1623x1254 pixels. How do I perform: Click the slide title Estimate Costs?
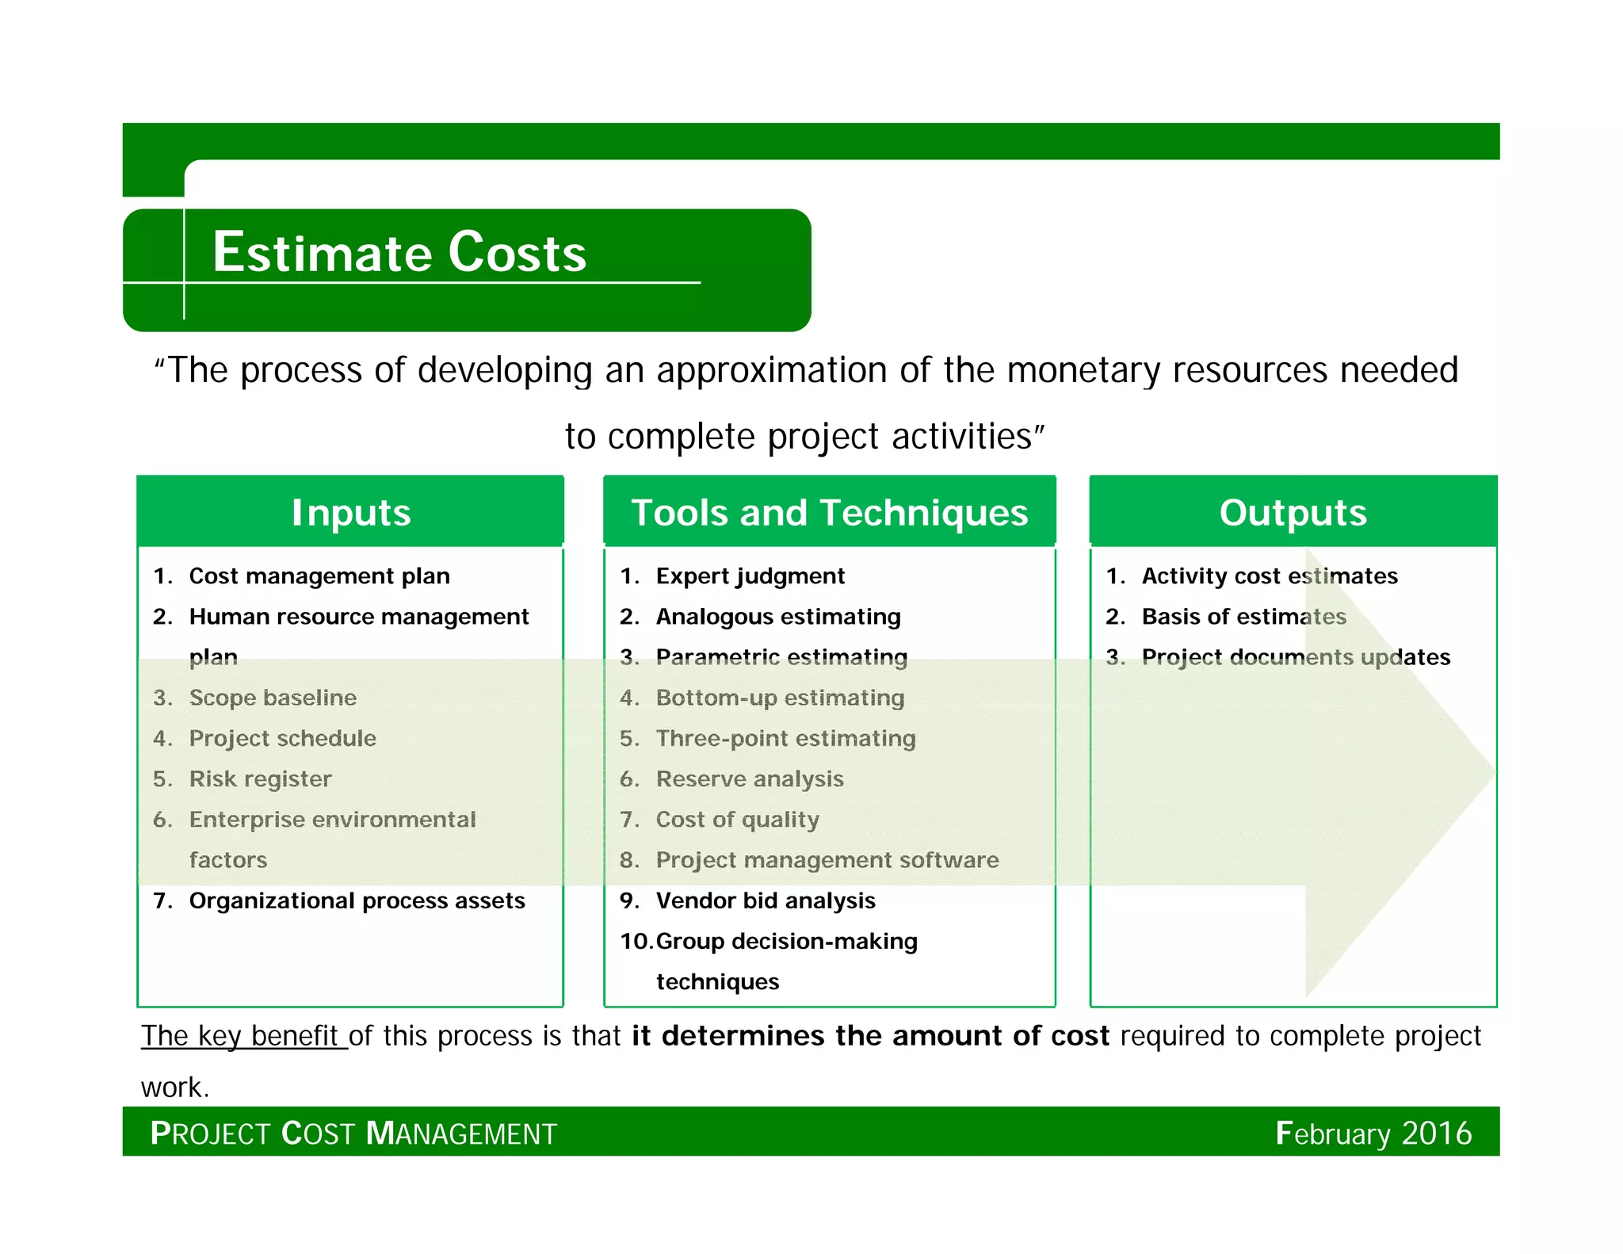(399, 253)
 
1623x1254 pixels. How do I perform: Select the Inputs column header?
(351, 512)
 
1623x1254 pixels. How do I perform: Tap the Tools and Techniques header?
(829, 512)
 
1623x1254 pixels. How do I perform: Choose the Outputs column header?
(1293, 512)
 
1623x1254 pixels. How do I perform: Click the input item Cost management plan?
(319, 575)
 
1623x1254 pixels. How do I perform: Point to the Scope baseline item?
(273, 698)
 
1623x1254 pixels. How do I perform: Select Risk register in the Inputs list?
(260, 778)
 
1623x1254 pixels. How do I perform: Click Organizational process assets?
(357, 900)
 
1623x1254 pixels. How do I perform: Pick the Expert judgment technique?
(750, 575)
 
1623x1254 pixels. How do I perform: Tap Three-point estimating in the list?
(785, 738)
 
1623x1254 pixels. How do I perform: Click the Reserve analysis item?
(750, 778)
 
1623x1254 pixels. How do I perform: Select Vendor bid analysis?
(766, 900)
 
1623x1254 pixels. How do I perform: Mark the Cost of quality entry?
(737, 819)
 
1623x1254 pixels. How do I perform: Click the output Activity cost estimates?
(1270, 575)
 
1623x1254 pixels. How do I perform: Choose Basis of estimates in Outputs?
(1243, 616)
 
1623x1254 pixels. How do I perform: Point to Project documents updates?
(1296, 657)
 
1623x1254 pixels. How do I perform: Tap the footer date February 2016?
(1373, 1133)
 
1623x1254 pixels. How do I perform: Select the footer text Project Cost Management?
(353, 1133)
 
